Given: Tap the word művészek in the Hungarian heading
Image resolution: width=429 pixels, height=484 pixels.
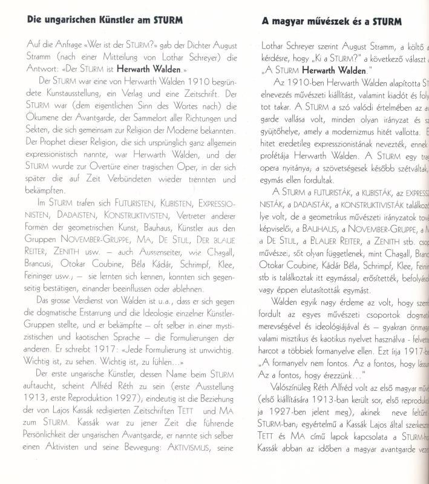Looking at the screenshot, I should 319,21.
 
